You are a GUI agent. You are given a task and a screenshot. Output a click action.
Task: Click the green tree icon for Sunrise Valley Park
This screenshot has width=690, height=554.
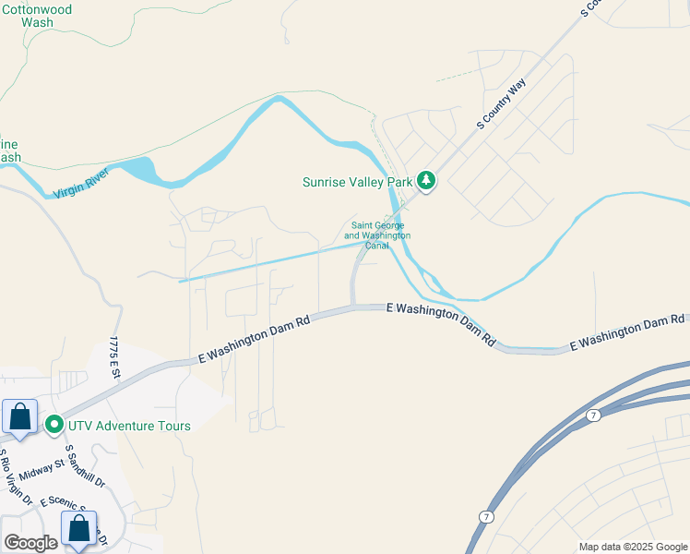tap(426, 180)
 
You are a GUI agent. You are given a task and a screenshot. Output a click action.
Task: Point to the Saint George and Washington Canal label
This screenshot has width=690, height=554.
tap(377, 235)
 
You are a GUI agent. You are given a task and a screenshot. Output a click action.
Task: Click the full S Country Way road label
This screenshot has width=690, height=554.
tap(501, 104)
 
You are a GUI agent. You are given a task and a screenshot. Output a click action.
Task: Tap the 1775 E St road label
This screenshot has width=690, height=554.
tap(114, 358)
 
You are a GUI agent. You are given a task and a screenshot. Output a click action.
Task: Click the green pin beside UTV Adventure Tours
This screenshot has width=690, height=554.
tap(54, 426)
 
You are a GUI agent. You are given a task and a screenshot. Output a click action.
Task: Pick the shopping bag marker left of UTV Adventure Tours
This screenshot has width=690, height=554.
tap(19, 417)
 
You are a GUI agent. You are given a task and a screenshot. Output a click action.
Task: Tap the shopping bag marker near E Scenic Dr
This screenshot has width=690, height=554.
tap(79, 529)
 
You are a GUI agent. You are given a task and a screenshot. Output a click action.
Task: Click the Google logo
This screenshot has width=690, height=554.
tap(30, 542)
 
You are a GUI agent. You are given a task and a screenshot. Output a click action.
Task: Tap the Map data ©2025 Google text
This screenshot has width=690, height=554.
tap(632, 547)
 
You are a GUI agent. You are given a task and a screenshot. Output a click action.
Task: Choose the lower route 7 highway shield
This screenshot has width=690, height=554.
tap(484, 516)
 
